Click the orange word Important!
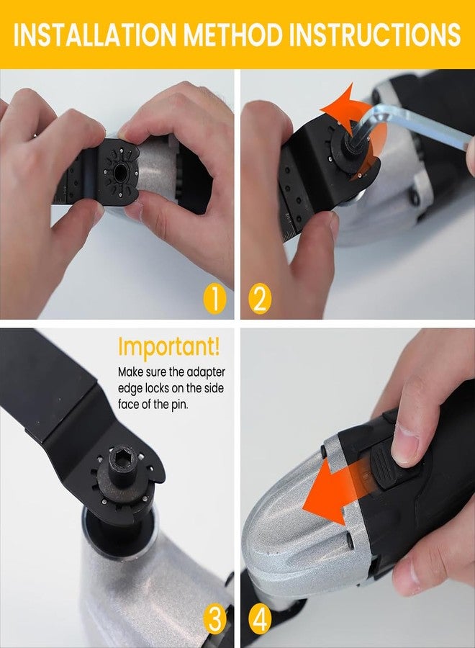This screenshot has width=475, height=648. tap(169, 347)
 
